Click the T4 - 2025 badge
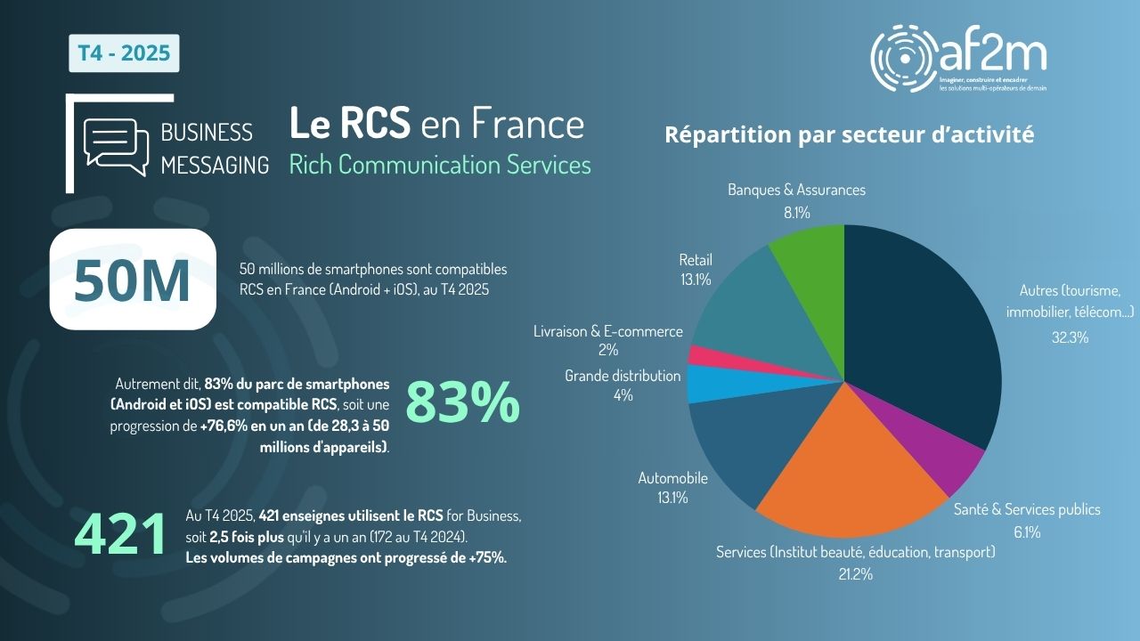pyautogui.click(x=125, y=53)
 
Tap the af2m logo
pyautogui.click(x=958, y=59)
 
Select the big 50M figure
pyautogui.click(x=133, y=280)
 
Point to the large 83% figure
pyautogui.click(x=463, y=403)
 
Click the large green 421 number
pyautogui.click(x=120, y=534)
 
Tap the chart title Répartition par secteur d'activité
pyautogui.click(x=849, y=135)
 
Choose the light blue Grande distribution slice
pyautogui.click(x=708, y=382)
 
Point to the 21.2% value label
pyautogui.click(x=855, y=574)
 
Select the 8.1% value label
pyautogui.click(x=796, y=212)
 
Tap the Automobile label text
pyautogui.click(x=672, y=478)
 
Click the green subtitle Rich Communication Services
pyautogui.click(x=440, y=165)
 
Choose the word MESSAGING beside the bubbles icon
pyautogui.click(x=215, y=165)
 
